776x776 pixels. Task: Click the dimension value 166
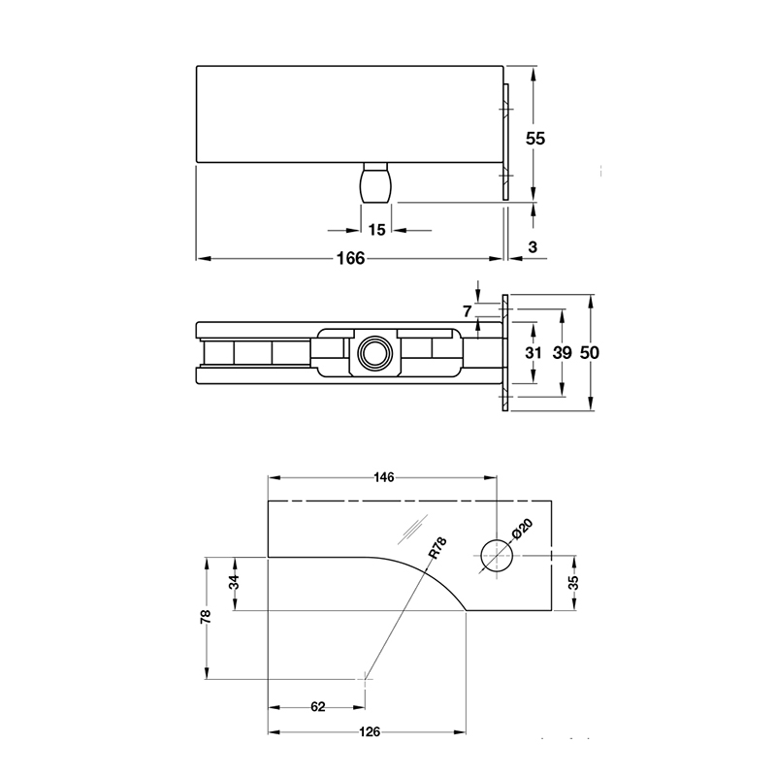[349, 258]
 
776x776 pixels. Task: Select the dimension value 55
[535, 138]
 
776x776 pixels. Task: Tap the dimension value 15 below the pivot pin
[376, 230]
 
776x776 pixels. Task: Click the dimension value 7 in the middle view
[468, 311]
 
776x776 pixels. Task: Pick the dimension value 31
[533, 353]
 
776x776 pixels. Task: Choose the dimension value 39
[562, 353]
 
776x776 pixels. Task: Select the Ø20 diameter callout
[521, 530]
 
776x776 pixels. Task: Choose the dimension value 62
[317, 706]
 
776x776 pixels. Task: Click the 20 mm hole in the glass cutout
[496, 554]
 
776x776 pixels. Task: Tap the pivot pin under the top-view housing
[376, 183]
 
